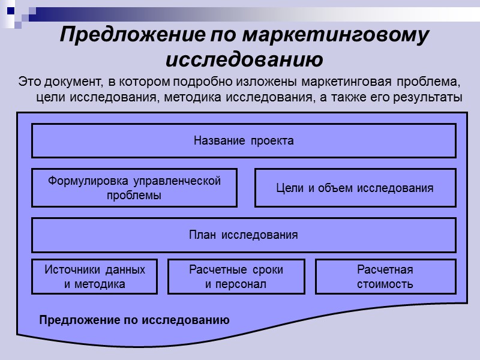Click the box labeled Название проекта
click(x=244, y=141)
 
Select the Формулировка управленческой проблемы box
click(x=134, y=188)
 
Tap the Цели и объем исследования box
click(x=355, y=188)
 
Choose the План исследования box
click(x=244, y=235)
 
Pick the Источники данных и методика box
click(x=95, y=277)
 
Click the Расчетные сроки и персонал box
click(x=236, y=277)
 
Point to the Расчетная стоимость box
click(x=385, y=277)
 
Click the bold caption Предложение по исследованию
click(x=134, y=320)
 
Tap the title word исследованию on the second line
click(x=244, y=60)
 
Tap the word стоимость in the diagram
click(x=385, y=284)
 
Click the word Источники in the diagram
click(x=69, y=269)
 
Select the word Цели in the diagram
click(x=287, y=188)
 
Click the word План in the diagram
click(x=202, y=235)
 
